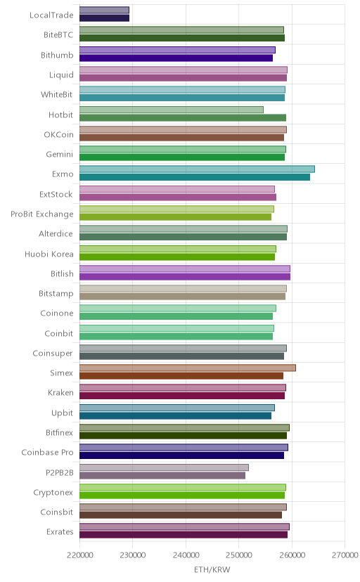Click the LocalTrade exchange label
pos(51,15)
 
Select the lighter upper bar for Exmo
pos(197,169)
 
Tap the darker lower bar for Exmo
pos(195,177)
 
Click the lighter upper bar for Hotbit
pos(172,110)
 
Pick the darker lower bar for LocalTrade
pos(104,18)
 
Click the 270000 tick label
pos(345,555)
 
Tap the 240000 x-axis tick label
pos(186,555)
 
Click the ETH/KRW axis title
pos(212,570)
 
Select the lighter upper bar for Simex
pos(188,368)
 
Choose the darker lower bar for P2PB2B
pos(162,475)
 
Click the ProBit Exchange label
pos(42,214)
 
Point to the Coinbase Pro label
pos(48,453)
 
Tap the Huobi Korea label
pos(49,254)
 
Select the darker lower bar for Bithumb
pos(176,58)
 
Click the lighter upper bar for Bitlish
pos(185,269)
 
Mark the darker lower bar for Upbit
pos(175,415)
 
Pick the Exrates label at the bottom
pos(60,532)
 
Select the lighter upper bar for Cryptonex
pos(183,487)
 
